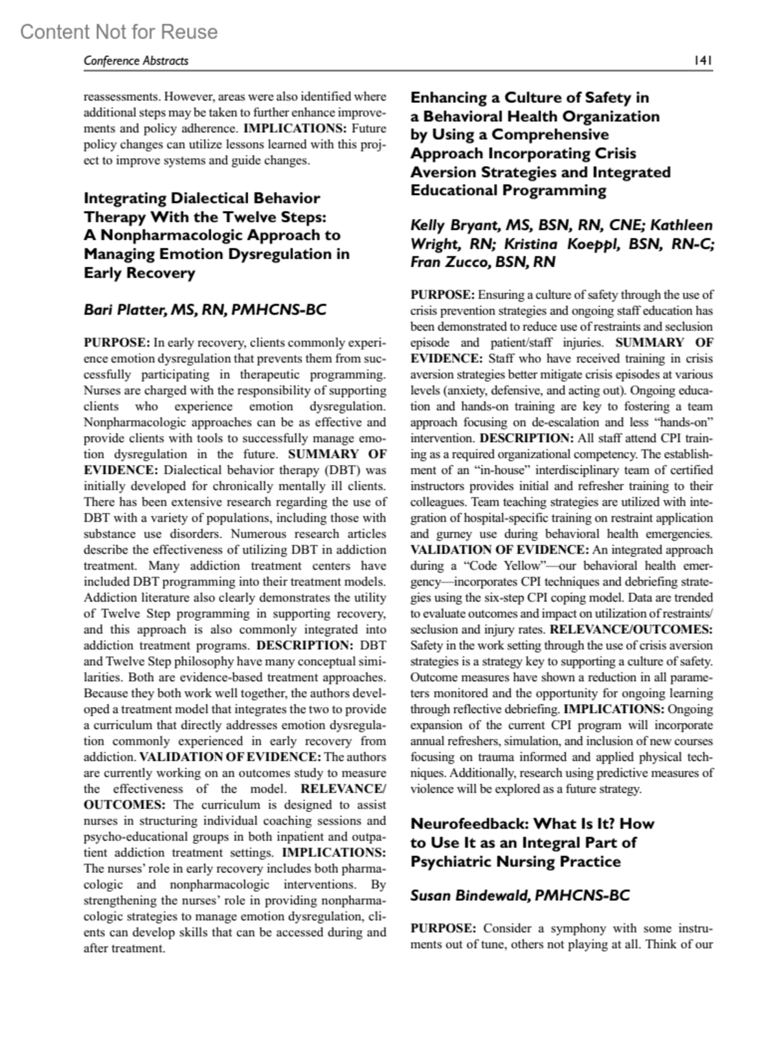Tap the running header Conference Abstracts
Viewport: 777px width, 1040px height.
pos(136,61)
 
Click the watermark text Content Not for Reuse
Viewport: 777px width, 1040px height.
pos(119,32)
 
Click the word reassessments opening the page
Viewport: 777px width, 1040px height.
pos(120,96)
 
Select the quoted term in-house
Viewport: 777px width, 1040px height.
pos(494,470)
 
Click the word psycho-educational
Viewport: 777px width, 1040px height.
pos(137,836)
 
